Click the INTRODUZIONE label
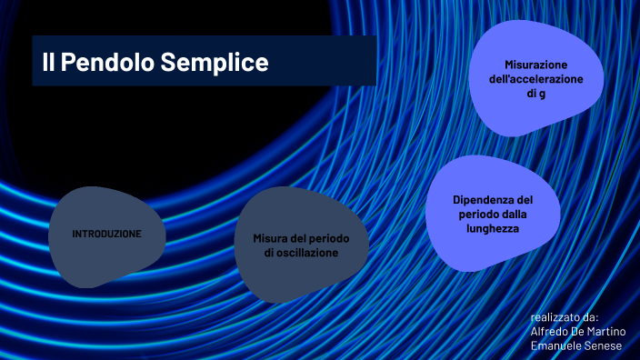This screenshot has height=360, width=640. click(107, 234)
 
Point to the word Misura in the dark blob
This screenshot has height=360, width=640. click(270, 238)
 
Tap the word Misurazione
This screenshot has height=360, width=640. click(535, 65)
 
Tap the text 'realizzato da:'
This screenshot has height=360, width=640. click(565, 317)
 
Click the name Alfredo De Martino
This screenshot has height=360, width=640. click(578, 331)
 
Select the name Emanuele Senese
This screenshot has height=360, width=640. click(575, 345)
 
